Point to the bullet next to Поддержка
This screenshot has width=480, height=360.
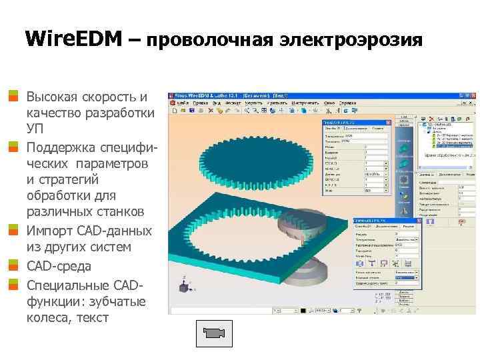click(x=13, y=146)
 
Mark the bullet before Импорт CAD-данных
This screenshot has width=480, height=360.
click(x=13, y=231)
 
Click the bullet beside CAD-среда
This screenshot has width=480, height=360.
click(x=13, y=266)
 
